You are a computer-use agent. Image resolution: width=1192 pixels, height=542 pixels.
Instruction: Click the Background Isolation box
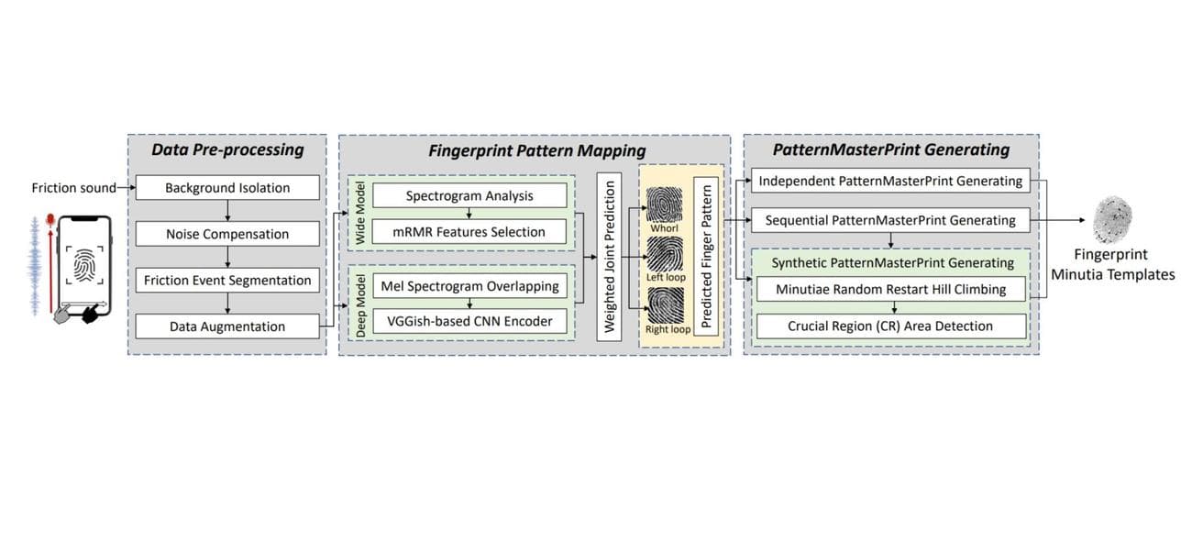(227, 188)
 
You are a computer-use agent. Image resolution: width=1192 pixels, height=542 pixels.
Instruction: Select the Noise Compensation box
(227, 234)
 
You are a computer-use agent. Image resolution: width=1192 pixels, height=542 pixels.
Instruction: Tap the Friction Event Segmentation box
(227, 281)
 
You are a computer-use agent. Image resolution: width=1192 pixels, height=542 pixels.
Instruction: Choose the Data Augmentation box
(227, 326)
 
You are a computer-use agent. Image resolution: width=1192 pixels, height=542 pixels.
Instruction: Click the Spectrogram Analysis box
(469, 195)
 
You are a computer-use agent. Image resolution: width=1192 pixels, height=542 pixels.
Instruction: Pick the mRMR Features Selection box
(469, 232)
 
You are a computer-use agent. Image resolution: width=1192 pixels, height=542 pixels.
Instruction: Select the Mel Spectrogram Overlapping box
(469, 285)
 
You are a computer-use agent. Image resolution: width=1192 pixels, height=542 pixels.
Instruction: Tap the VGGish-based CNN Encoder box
(469, 322)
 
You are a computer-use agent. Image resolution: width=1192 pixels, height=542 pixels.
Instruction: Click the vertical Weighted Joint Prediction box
(609, 256)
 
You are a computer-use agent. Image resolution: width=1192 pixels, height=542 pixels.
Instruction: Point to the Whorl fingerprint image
(664, 201)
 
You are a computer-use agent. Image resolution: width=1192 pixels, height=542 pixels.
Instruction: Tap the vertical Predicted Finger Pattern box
(706, 257)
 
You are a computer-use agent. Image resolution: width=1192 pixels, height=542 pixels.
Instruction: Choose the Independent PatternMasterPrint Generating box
(889, 182)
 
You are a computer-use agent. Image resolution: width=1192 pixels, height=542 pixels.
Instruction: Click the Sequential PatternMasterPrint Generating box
(889, 220)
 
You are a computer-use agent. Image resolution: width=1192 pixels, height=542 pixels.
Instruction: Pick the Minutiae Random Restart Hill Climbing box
(889, 290)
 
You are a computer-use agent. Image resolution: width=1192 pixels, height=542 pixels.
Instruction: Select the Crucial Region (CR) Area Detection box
(889, 326)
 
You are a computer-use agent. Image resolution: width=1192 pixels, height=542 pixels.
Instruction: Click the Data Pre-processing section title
(226, 149)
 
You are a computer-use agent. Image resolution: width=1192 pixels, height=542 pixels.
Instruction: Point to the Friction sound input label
(73, 188)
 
